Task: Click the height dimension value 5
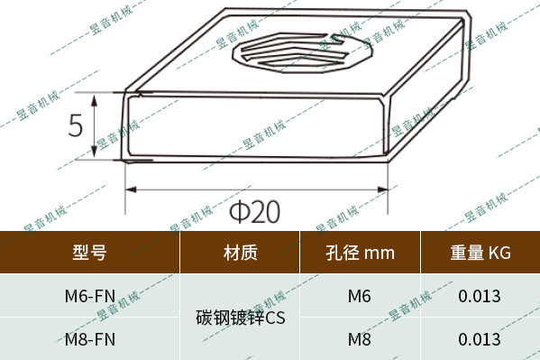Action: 77,125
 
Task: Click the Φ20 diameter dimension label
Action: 254,213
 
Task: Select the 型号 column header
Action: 89,253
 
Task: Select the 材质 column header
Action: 240,253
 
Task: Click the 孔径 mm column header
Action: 360,253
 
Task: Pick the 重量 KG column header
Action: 480,253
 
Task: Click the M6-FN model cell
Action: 89,295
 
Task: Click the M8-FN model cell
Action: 89,339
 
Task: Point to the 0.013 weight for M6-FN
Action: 480,295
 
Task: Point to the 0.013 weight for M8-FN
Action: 480,339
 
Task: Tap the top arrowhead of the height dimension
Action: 115,97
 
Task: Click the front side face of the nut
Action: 257,126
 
